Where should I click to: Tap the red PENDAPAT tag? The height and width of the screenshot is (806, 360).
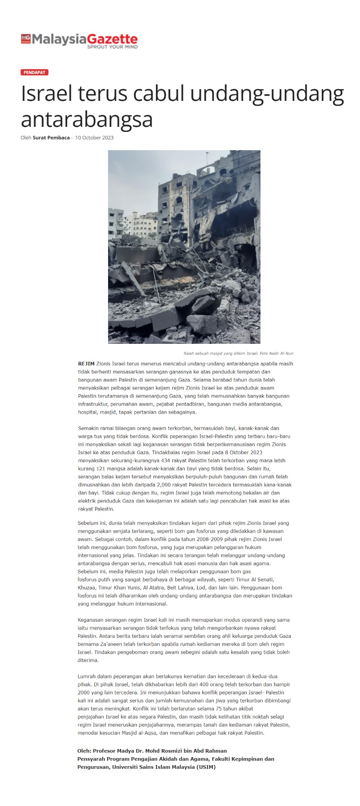click(34, 72)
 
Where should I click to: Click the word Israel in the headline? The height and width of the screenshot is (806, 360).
click(46, 94)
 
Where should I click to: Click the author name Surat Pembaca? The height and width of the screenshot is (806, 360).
click(51, 138)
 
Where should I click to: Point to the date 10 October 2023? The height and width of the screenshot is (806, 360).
click(94, 138)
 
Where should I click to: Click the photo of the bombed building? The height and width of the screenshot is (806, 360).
click(184, 247)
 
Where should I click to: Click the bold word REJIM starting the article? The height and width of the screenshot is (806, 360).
click(86, 364)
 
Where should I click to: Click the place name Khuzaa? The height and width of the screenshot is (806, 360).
click(86, 588)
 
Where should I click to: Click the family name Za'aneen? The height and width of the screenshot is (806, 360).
click(109, 644)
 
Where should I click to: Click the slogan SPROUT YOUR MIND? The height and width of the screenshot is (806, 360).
click(112, 47)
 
